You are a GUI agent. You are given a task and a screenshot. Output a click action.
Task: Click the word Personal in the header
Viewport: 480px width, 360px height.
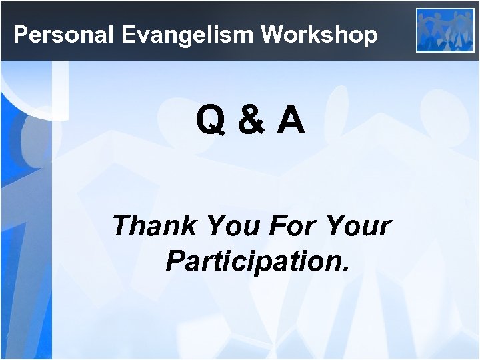65,35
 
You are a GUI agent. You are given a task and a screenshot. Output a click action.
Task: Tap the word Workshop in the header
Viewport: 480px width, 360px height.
319,35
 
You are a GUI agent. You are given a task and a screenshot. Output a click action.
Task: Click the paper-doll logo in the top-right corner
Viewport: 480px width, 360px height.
445,30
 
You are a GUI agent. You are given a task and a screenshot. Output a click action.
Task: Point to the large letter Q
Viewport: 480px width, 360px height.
210,121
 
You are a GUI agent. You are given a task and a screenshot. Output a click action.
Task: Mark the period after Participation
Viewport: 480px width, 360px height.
345,270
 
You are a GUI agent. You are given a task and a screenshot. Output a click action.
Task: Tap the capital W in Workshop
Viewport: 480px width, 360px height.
273,35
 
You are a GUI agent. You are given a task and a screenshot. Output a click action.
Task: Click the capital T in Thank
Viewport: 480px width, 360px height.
124,226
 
